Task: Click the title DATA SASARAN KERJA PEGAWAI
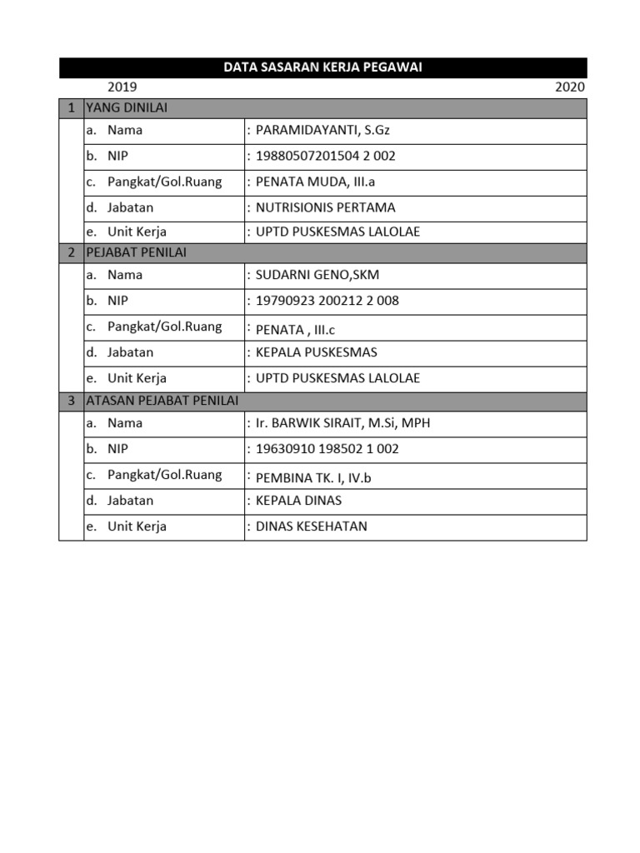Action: click(322, 67)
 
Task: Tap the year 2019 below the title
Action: click(122, 87)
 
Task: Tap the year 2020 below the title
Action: click(570, 87)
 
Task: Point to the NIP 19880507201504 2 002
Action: click(326, 156)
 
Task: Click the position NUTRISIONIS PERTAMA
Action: click(326, 207)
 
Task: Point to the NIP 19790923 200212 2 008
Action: click(327, 301)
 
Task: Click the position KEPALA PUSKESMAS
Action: click(317, 352)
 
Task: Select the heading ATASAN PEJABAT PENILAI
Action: click(162, 401)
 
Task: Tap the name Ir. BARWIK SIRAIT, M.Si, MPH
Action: click(343, 423)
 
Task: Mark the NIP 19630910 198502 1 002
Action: click(327, 449)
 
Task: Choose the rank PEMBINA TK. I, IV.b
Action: click(313, 478)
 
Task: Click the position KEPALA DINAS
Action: click(299, 501)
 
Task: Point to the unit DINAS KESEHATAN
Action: click(312, 526)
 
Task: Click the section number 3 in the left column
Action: click(72, 401)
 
